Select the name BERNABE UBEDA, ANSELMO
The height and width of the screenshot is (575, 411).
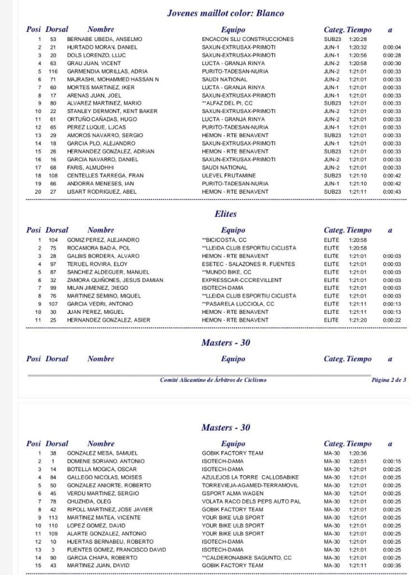(104, 39)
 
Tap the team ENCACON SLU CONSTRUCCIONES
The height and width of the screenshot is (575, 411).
(248, 39)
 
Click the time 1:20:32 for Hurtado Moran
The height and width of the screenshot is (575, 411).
(357, 47)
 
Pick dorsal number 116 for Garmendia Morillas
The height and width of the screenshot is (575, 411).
(53, 71)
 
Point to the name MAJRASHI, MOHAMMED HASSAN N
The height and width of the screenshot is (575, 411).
(112, 80)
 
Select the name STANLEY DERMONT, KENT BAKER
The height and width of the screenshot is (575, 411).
(112, 112)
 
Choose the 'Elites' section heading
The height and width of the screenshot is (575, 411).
(226, 214)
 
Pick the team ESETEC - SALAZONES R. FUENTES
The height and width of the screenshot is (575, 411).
(249, 264)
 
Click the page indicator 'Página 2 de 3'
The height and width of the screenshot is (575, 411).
(389, 380)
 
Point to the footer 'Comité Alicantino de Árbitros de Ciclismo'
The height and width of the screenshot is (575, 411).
(213, 380)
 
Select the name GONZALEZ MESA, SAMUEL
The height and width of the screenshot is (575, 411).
(102, 453)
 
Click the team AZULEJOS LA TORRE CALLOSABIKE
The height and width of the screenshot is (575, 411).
(249, 477)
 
